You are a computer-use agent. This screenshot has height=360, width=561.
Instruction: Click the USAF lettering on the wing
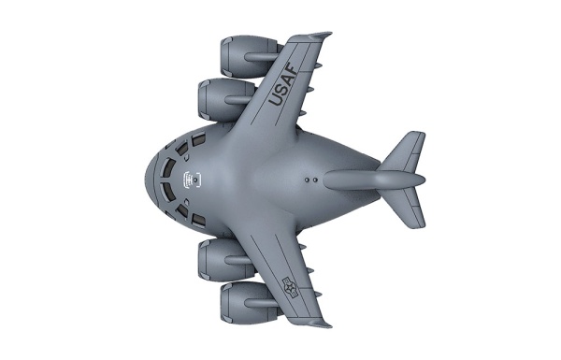(281, 84)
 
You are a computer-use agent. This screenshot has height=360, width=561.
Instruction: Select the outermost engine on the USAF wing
(245, 55)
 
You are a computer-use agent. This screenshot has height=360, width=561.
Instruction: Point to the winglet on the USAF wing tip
(319, 36)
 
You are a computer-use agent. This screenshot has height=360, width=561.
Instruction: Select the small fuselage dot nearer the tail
(319, 175)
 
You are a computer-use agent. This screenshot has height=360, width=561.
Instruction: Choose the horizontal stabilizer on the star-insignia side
(405, 208)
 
